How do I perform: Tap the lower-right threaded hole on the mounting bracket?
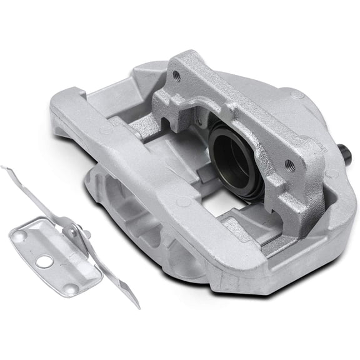[x=289, y=164]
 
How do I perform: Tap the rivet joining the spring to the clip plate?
[x=73, y=232]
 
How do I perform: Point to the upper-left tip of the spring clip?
[x=5, y=168]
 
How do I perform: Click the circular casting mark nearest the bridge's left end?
[x=106, y=131]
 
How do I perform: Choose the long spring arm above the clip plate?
[x=44, y=194]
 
